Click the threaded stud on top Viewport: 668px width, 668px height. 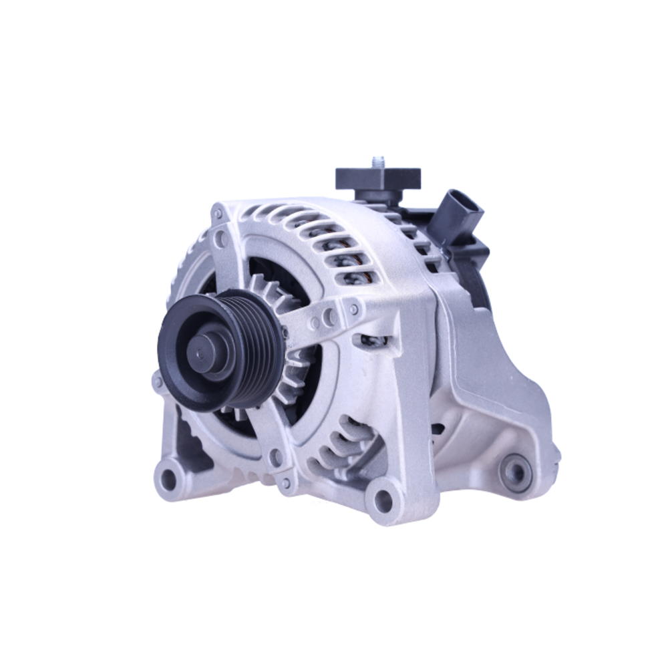[x=378, y=162]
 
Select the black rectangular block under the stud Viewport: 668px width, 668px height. [x=378, y=179]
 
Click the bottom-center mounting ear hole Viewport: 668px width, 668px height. [x=383, y=498]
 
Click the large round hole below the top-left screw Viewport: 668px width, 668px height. [x=221, y=238]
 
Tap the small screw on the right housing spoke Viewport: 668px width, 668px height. [x=354, y=309]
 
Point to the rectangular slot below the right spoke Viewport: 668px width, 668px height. [x=374, y=341]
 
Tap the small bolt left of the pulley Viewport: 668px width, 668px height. [x=158, y=382]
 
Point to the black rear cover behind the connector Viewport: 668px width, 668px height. [x=478, y=281]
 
